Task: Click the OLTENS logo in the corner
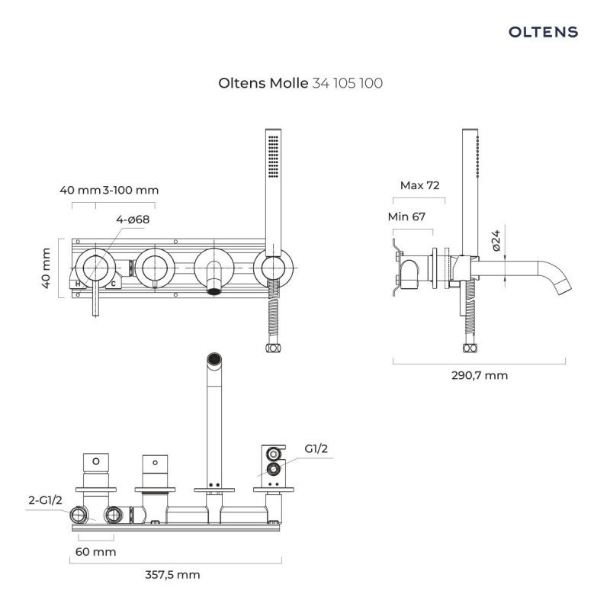[x=543, y=32]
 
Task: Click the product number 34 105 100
[x=348, y=83]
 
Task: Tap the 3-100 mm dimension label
[x=130, y=190]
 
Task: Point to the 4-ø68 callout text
[x=133, y=220]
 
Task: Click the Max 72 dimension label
[x=420, y=185]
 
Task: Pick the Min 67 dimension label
[x=406, y=216]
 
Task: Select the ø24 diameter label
[x=496, y=241]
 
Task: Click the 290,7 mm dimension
[x=480, y=375]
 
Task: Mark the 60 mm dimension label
[x=96, y=551]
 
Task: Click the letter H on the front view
[x=78, y=284]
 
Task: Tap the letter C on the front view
[x=113, y=284]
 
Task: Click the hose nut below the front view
[x=271, y=348]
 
